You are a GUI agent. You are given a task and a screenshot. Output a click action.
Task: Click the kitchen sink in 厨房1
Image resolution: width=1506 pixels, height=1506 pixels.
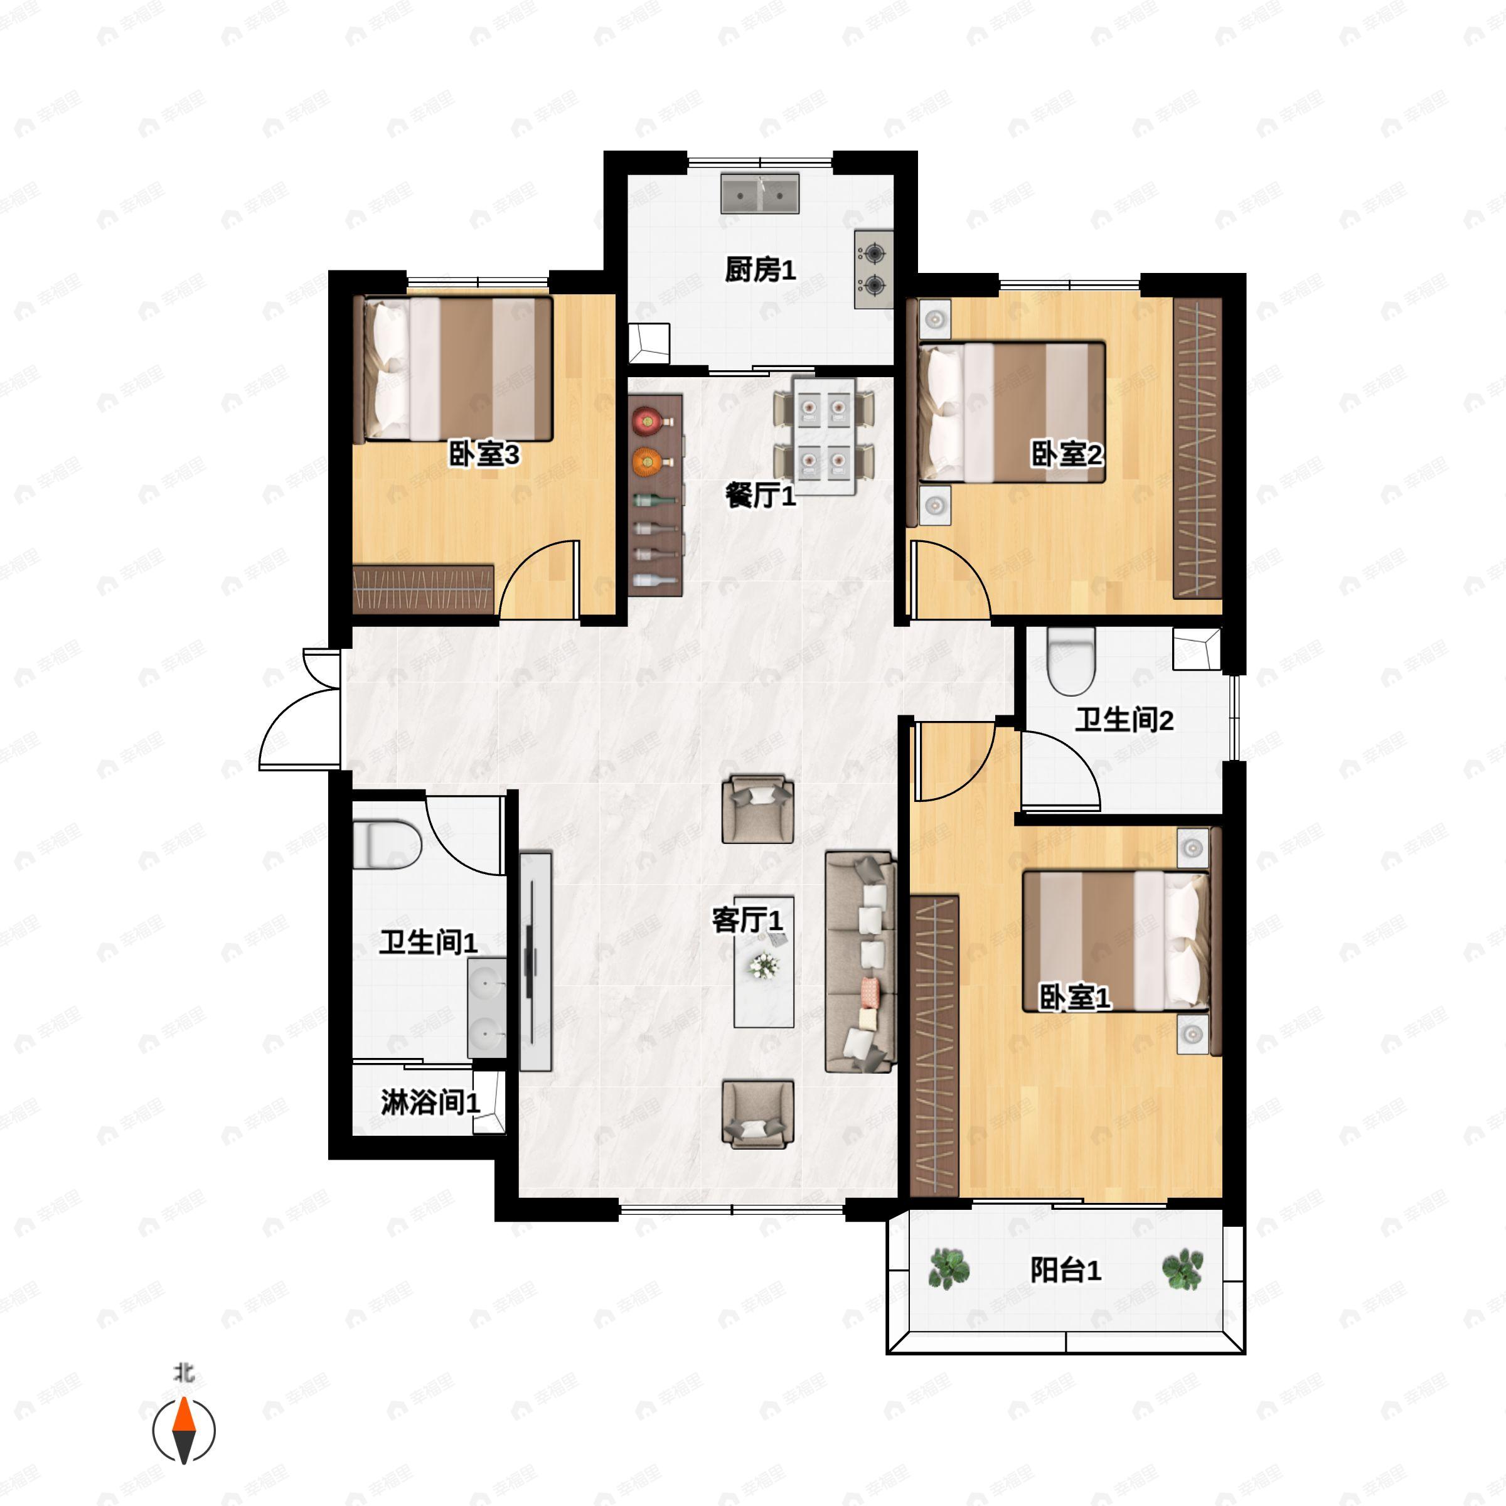point(760,193)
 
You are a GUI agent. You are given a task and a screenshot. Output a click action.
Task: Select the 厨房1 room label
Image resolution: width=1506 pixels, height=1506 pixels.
point(760,270)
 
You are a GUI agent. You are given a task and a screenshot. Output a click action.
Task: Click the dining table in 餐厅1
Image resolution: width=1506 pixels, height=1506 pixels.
point(824,437)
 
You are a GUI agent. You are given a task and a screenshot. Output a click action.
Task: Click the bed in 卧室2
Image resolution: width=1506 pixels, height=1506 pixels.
point(1012,412)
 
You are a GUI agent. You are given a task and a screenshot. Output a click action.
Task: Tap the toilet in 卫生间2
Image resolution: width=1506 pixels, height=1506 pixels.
point(1072,661)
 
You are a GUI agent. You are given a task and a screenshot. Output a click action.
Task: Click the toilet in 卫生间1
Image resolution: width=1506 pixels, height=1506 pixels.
point(387,844)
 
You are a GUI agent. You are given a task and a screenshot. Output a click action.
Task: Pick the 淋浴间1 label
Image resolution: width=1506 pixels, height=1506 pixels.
point(430,1103)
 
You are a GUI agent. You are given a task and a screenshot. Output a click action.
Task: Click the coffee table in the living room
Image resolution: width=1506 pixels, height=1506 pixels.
point(764,962)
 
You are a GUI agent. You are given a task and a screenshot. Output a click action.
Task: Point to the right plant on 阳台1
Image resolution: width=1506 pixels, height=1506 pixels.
point(1182,1268)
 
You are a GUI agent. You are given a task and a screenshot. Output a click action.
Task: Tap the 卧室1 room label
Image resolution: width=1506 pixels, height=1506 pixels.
point(1075,997)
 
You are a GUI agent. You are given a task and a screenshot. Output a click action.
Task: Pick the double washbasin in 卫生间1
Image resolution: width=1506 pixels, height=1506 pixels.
point(487,1008)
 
